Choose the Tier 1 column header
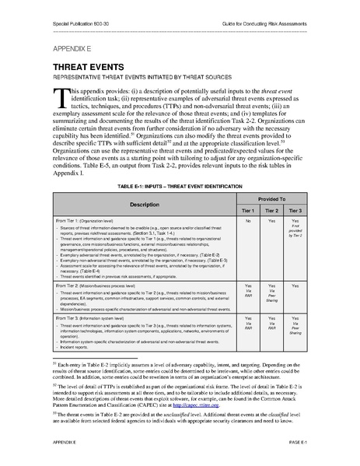point(248,211)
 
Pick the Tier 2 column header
point(272,211)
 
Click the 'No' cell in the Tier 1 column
point(248,222)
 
